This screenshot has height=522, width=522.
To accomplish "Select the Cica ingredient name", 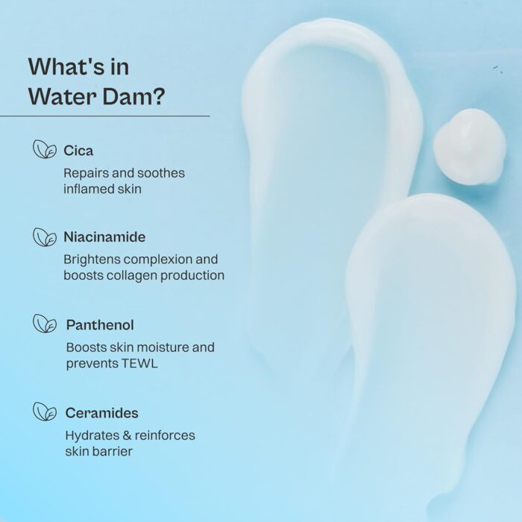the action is point(78,151).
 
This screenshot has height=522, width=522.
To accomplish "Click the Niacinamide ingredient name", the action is point(104,237).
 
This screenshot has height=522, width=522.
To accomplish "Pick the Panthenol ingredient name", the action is point(100,325).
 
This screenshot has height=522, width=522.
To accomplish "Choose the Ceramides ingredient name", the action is point(102,413).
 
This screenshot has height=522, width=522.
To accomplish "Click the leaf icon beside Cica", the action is point(45,149).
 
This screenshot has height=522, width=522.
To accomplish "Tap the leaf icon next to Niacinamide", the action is point(45,237).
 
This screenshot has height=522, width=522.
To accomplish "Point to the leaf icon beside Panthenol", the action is point(45,323).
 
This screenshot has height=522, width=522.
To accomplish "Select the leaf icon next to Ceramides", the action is point(45,411).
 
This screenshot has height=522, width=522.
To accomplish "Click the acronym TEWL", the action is point(139,363).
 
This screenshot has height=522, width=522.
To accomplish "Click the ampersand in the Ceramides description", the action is point(127,435).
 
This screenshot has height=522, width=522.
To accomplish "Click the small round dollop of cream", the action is point(469,146).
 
